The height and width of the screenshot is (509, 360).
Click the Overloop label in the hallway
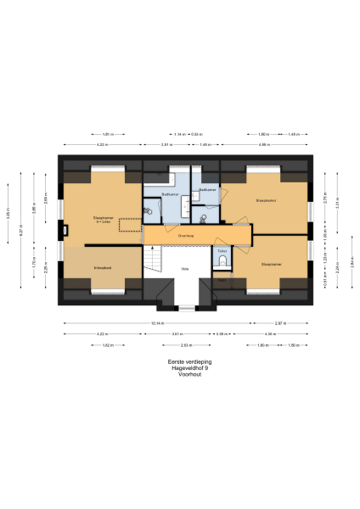(x=186, y=233)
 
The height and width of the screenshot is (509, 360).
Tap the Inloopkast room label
(x=103, y=267)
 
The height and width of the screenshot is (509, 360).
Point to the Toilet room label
(x=222, y=251)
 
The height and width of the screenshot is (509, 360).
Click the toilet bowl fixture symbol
(x=222, y=262)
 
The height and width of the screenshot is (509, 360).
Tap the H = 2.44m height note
(x=104, y=222)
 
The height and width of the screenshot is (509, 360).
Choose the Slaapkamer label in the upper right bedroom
(x=266, y=200)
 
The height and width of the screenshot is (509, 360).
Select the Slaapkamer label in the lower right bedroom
(x=272, y=264)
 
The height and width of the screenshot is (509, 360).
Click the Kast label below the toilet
(x=222, y=278)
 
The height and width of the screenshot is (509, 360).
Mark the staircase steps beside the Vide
(x=154, y=259)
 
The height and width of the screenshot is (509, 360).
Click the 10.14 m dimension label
(x=156, y=323)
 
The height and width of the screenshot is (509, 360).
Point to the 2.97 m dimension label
(x=280, y=323)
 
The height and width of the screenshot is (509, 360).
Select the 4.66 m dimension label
(x=264, y=145)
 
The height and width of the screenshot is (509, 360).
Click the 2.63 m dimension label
(x=183, y=345)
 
